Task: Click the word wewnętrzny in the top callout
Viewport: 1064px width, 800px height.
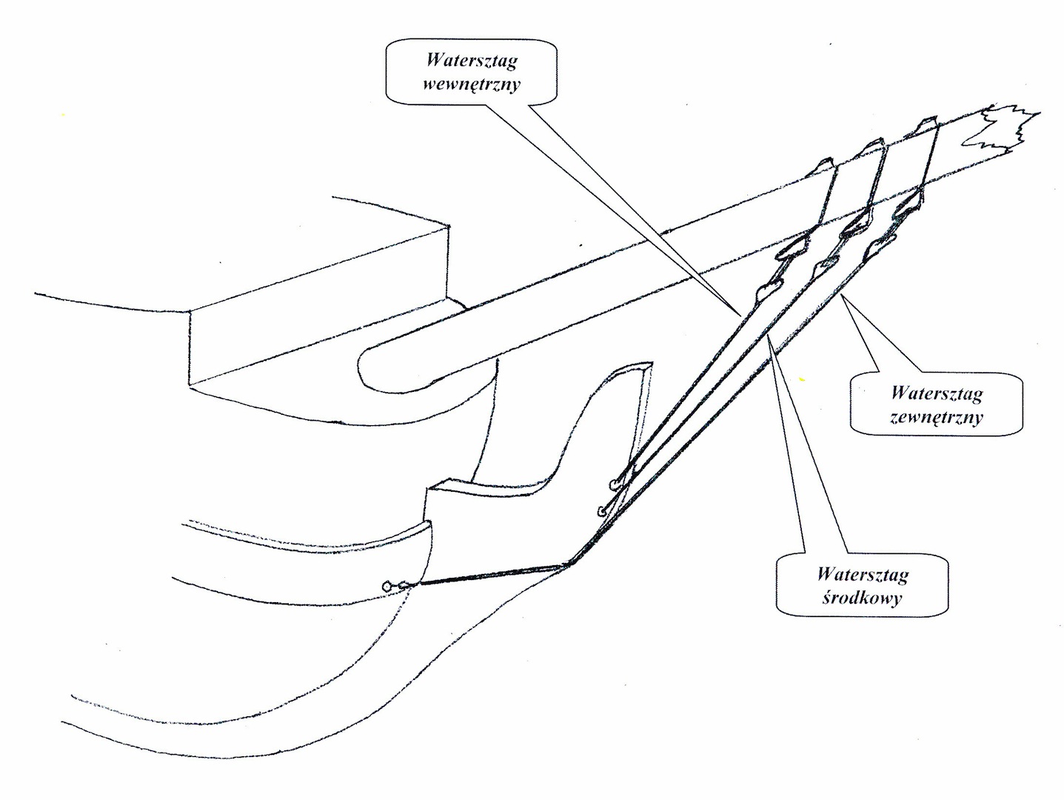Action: pos(472,83)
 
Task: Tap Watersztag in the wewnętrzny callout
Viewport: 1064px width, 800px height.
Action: pos(472,61)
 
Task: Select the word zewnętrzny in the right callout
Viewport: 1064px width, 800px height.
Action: pos(937,416)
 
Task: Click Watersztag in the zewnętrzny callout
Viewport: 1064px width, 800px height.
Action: pos(937,393)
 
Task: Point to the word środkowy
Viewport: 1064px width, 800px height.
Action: pos(863,597)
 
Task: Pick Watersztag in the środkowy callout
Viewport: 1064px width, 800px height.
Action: pos(863,573)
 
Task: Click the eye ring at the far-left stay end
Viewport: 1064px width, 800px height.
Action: pos(387,587)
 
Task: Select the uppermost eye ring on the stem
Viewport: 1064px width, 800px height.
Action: pos(614,485)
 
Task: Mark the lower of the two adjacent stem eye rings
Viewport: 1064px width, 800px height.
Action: pos(601,510)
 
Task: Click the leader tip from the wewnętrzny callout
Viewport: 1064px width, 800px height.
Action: pos(740,315)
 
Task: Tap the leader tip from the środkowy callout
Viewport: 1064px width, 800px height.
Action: pos(770,337)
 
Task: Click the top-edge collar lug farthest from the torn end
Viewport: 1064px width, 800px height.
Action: pos(824,164)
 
